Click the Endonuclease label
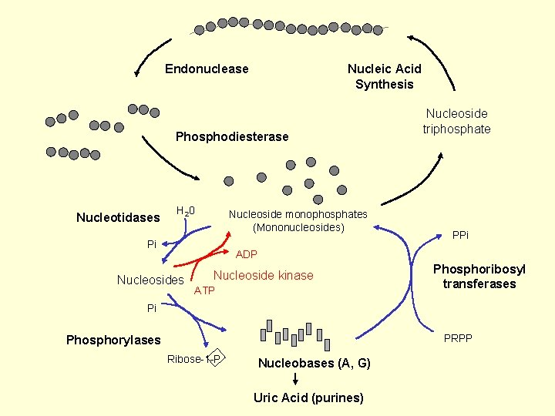point(207,69)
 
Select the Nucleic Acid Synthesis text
point(384,76)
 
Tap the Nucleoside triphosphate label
point(456,122)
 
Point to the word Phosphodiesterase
point(232,137)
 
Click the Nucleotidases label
point(118,218)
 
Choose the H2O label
point(185,211)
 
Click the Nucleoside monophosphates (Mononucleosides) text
point(298,220)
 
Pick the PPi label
point(460,235)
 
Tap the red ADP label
point(247,254)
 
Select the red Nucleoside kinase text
point(263,276)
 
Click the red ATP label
point(204,290)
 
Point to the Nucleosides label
point(150,280)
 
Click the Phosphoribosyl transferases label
point(479,277)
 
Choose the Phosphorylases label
point(113,340)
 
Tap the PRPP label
point(458,338)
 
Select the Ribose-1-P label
point(193,359)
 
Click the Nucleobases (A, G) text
point(314,363)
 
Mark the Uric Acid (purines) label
point(308,398)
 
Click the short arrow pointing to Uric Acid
point(297,380)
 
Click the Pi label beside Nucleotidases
point(152,244)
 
